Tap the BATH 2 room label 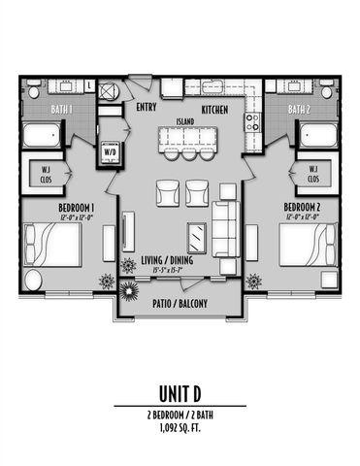(x=297, y=110)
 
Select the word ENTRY (x=147, y=108)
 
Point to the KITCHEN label (x=216, y=109)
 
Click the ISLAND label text (x=184, y=121)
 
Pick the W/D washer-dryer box (x=109, y=151)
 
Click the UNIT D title (x=180, y=392)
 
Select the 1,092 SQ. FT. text (x=180, y=425)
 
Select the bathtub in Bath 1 (x=42, y=134)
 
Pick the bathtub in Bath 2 (x=317, y=134)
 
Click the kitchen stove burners (x=250, y=121)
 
